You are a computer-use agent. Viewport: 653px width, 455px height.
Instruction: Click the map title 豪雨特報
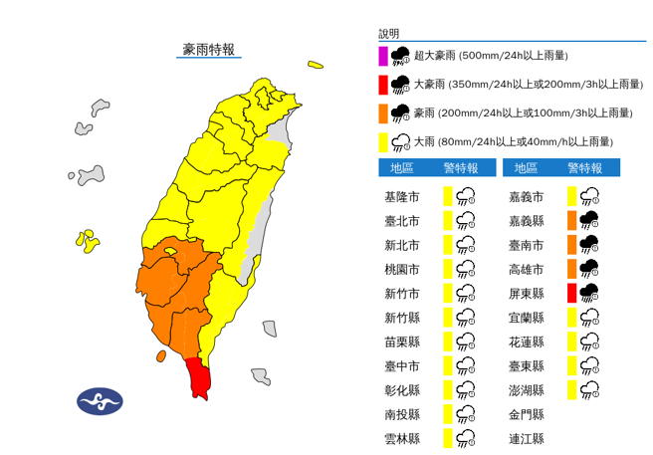tap(208, 49)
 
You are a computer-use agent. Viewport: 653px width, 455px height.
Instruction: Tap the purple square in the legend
tap(383, 55)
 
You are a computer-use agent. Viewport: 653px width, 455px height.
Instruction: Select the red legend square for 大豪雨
tap(383, 84)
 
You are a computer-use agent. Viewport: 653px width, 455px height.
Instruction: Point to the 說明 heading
tap(389, 34)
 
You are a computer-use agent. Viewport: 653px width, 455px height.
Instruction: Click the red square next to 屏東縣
tap(572, 293)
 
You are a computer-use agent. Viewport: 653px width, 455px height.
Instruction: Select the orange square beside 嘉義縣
tap(572, 220)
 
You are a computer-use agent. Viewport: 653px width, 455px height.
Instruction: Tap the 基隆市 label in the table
tap(401, 196)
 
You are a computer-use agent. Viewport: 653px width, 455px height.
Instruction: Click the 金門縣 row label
tap(526, 414)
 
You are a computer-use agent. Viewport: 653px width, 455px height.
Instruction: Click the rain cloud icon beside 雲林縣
tap(466, 438)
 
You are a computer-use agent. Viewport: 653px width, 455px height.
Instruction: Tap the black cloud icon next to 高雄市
tap(589, 269)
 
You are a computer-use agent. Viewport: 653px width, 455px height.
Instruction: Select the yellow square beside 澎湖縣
tap(572, 389)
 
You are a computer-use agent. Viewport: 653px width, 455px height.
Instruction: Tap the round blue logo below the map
tap(100, 400)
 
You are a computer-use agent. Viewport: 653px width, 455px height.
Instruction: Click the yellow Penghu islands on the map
tap(88, 239)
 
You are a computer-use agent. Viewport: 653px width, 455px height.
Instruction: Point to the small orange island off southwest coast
tap(161, 355)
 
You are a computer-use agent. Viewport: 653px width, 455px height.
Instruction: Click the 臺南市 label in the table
tap(526, 245)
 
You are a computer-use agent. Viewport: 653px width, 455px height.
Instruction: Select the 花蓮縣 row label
tap(526, 341)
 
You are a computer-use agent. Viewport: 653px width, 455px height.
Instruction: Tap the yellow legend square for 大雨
tap(383, 141)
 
